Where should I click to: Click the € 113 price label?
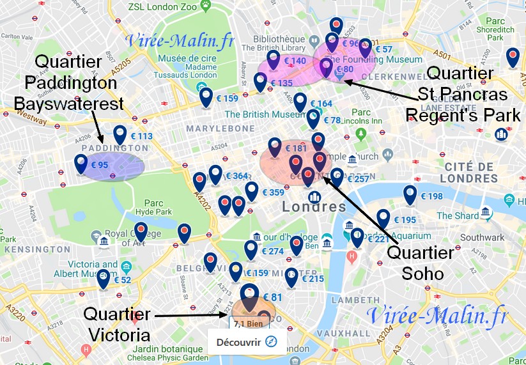[x=142, y=136]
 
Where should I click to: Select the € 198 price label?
[x=431, y=196]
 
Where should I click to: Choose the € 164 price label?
[x=321, y=104]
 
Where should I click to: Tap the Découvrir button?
[x=247, y=342]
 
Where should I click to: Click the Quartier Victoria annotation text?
[x=117, y=325]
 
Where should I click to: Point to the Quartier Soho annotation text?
[x=421, y=263]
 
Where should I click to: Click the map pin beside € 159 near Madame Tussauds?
[x=206, y=97]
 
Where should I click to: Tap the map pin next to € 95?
[x=81, y=164]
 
